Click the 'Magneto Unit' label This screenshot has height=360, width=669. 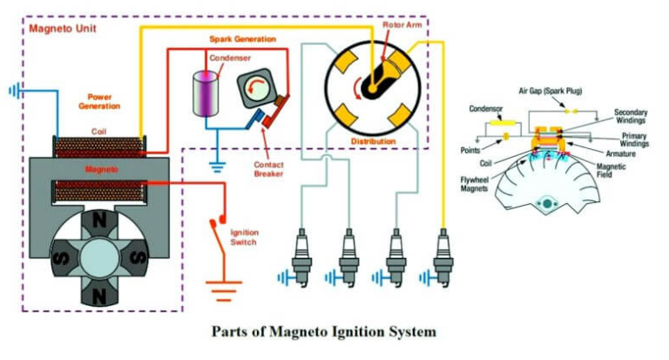pos(63,28)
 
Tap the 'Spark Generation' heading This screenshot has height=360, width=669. pos(242,40)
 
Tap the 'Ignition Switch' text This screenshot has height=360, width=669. pos(245,238)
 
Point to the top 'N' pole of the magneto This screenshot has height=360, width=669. pos(100,217)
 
